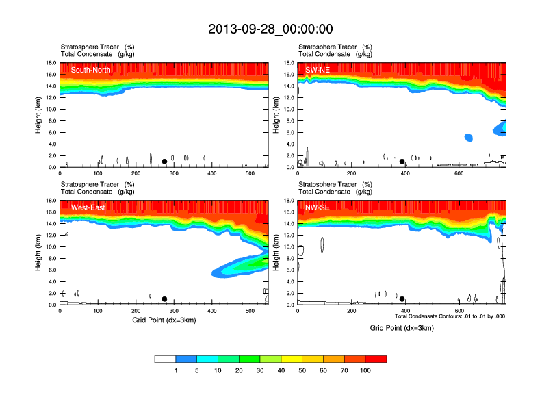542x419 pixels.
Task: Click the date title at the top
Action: [270, 29]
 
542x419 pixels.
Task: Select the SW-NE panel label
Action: [316, 70]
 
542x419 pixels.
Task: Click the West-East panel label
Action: [88, 207]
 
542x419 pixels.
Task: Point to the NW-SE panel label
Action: [317, 207]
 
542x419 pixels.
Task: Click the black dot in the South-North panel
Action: [164, 162]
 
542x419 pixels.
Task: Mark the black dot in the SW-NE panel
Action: [402, 162]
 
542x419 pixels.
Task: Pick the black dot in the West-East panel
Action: [164, 299]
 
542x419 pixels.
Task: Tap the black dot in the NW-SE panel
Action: [402, 299]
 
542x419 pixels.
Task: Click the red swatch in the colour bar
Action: [376, 359]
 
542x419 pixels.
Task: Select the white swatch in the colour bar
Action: [165, 359]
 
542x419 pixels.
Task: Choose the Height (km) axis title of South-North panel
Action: [39, 115]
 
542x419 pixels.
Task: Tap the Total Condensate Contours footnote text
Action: [450, 316]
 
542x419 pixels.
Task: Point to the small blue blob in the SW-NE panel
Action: [469, 137]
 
